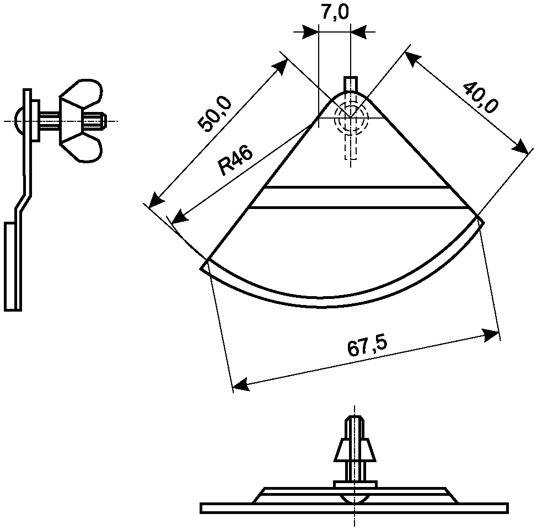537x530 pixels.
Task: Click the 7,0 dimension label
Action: click(335, 12)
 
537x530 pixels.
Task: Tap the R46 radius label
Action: click(236, 160)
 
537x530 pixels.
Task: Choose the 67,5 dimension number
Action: click(368, 346)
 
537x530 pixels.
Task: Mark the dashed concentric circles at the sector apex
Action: click(350, 117)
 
